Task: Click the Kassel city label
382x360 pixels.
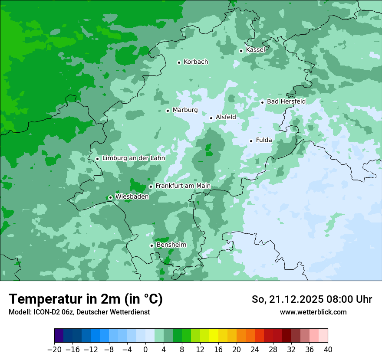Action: point(255,50)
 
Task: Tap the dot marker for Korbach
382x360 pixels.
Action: point(179,62)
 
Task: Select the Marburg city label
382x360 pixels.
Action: point(185,110)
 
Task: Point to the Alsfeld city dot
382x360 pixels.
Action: point(211,118)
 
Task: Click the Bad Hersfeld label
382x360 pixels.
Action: point(286,101)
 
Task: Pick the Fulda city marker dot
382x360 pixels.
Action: point(251,141)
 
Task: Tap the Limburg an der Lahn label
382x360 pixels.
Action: point(133,158)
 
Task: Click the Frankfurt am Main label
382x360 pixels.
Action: point(183,186)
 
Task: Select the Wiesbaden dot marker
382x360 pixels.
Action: point(110,197)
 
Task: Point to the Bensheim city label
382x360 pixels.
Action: point(171,245)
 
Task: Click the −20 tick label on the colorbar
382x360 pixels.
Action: point(54,350)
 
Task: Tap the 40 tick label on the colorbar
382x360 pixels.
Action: point(328,350)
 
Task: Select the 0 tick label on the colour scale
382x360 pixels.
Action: point(145,350)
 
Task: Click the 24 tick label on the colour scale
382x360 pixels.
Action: point(255,350)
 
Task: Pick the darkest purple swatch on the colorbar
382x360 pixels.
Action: point(59,336)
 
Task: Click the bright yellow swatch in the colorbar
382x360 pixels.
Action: point(214,336)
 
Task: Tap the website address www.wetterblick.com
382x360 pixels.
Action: point(313,312)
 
